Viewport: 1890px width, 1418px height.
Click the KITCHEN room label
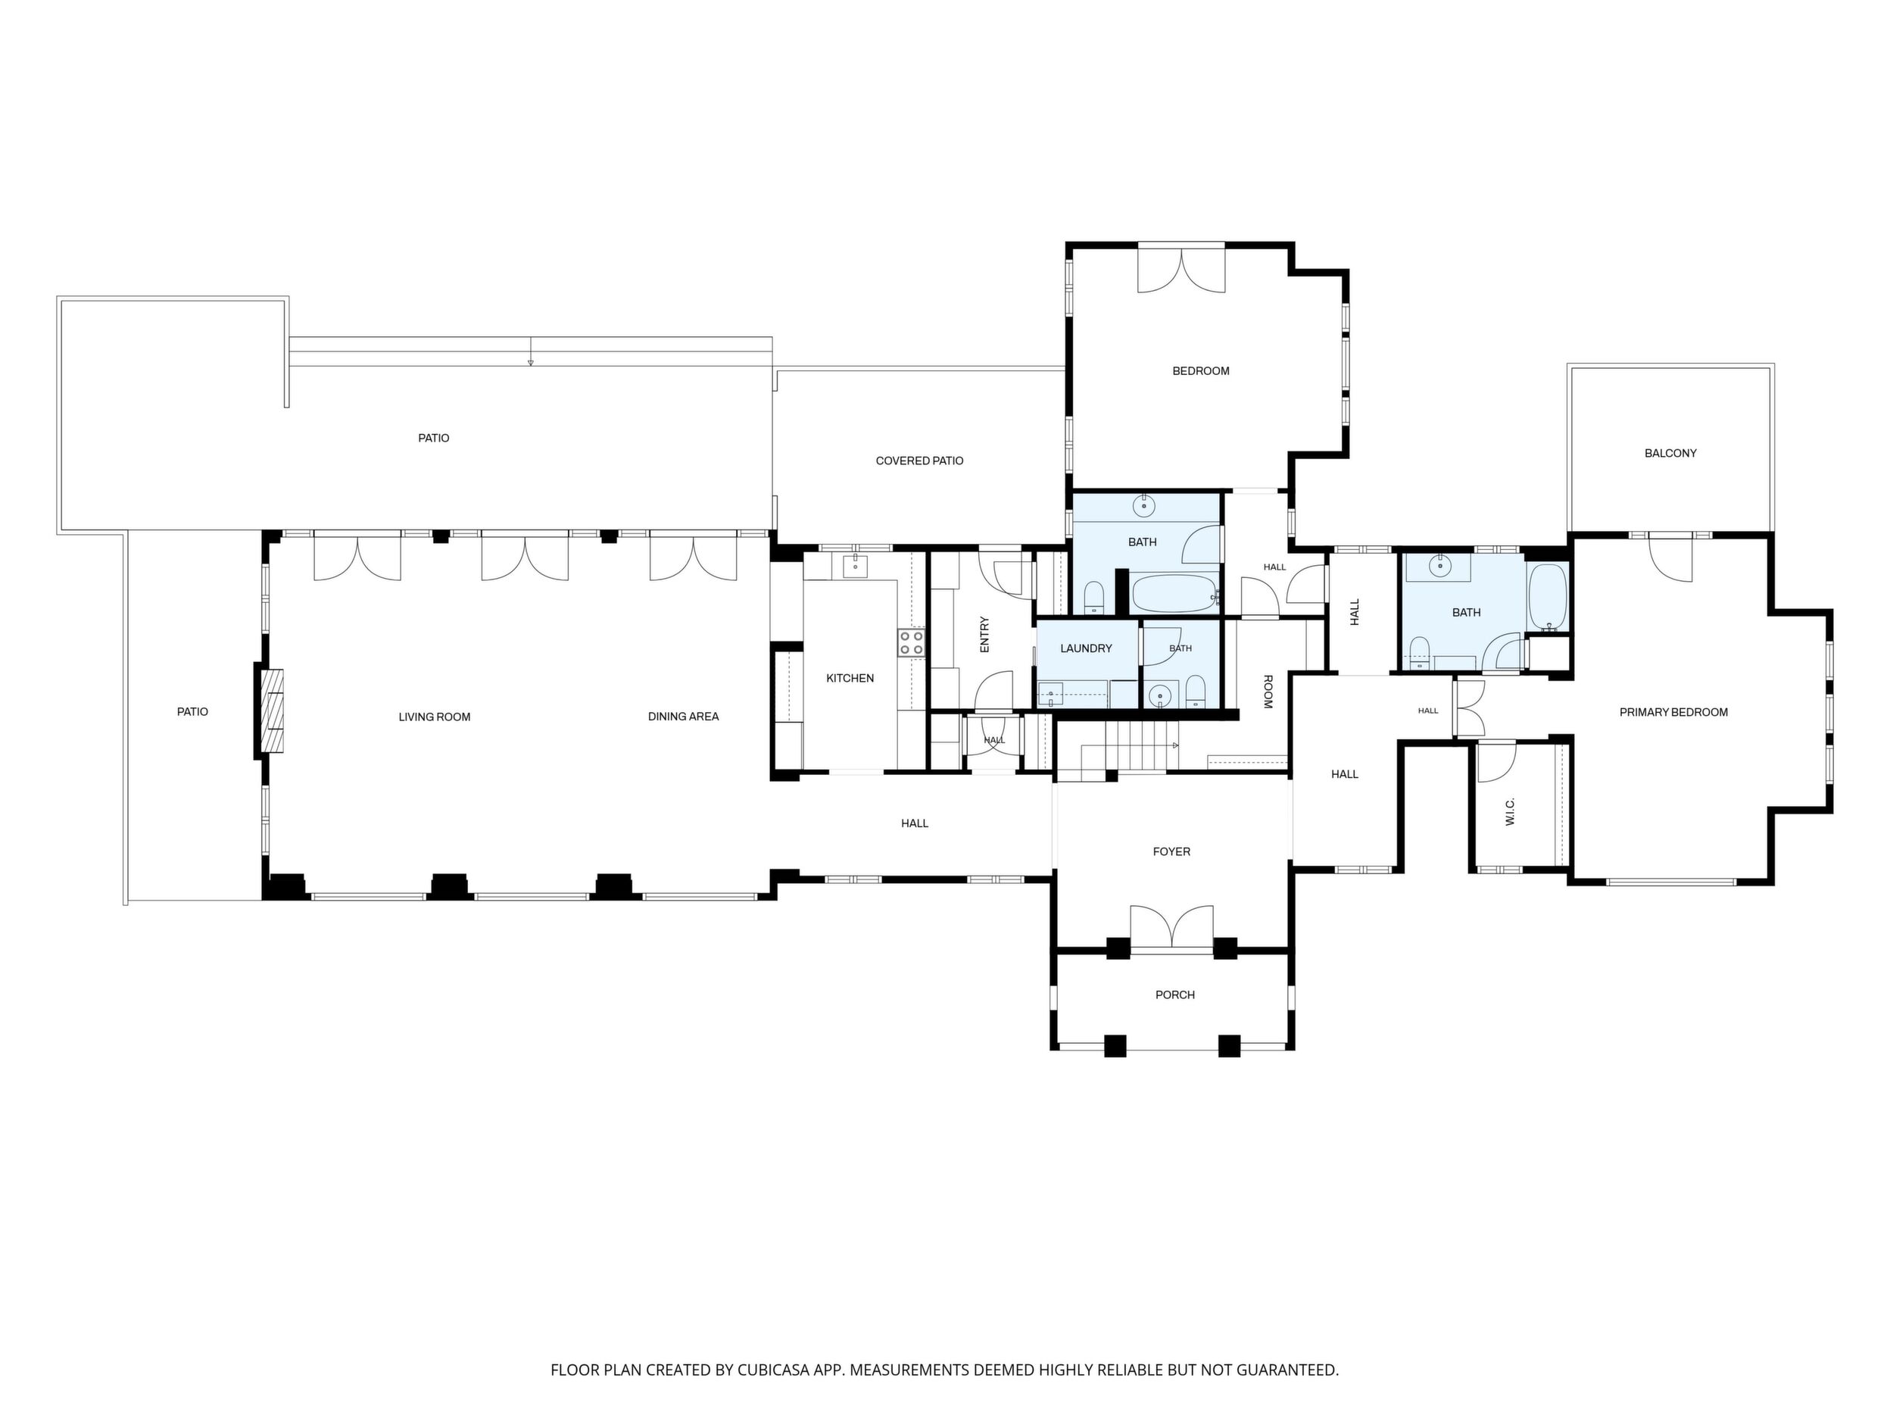[850, 679]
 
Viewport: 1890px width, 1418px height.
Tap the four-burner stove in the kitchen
[911, 643]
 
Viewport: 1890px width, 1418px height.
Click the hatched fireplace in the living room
[273, 711]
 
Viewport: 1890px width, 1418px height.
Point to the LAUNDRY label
[1086, 648]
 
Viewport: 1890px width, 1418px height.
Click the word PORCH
[1175, 995]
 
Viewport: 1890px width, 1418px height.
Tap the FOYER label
[1171, 852]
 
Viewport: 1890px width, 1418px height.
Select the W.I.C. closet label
[1510, 812]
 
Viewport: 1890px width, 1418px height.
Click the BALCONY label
[1670, 454]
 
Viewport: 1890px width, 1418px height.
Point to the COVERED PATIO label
[919, 461]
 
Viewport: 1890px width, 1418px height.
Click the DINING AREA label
[684, 717]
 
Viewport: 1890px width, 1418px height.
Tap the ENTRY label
[984, 635]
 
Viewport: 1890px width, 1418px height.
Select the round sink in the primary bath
[1440, 565]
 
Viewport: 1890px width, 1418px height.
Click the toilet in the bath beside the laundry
[1196, 691]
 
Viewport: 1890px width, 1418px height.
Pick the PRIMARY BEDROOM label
[1673, 713]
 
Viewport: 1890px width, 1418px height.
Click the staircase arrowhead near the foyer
[1177, 745]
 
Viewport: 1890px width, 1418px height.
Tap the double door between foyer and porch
[1171, 927]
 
